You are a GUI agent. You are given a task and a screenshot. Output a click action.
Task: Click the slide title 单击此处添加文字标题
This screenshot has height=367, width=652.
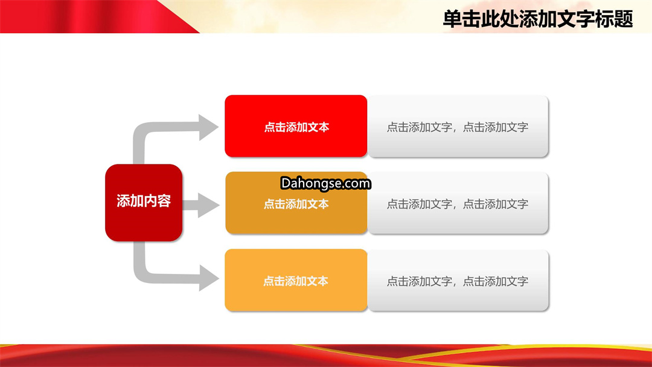[538, 19]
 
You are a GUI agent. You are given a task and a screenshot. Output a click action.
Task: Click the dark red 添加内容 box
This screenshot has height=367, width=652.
[144, 203]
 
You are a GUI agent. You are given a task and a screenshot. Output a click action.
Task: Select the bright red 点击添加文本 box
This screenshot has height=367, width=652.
[296, 126]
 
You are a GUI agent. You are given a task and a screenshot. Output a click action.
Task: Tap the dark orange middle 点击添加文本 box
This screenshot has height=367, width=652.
[296, 203]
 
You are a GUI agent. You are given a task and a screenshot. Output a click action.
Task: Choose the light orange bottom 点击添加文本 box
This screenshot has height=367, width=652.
[296, 280]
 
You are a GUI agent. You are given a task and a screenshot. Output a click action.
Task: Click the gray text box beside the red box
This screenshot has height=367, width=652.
[458, 126]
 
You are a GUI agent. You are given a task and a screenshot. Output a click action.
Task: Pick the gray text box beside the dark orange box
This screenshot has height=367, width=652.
[458, 203]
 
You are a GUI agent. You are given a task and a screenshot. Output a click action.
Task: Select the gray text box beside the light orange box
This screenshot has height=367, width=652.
[458, 280]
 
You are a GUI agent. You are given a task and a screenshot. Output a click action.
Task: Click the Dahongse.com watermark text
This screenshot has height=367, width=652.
[325, 183]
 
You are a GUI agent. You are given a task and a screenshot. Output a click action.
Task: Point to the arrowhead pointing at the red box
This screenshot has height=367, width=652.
[208, 127]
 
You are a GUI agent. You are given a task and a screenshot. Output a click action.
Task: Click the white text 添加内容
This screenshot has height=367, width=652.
[144, 201]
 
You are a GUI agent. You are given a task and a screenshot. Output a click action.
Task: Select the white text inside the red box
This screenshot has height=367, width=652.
[296, 127]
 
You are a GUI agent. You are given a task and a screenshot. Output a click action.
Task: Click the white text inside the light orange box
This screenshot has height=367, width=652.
[296, 281]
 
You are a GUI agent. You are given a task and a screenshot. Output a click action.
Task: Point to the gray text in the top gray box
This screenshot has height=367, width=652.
[458, 127]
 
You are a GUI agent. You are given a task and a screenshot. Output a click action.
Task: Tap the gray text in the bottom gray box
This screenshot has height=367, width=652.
[458, 281]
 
